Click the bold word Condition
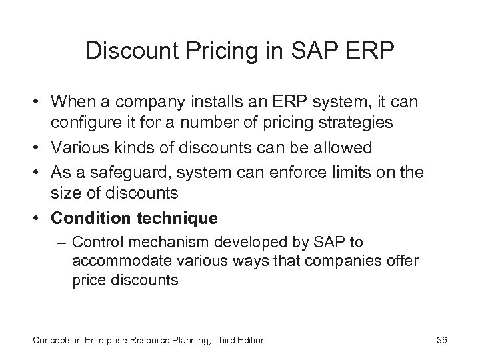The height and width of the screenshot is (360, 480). (87, 218)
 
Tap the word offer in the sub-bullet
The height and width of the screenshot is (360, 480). (403, 261)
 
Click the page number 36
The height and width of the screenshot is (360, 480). (441, 341)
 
